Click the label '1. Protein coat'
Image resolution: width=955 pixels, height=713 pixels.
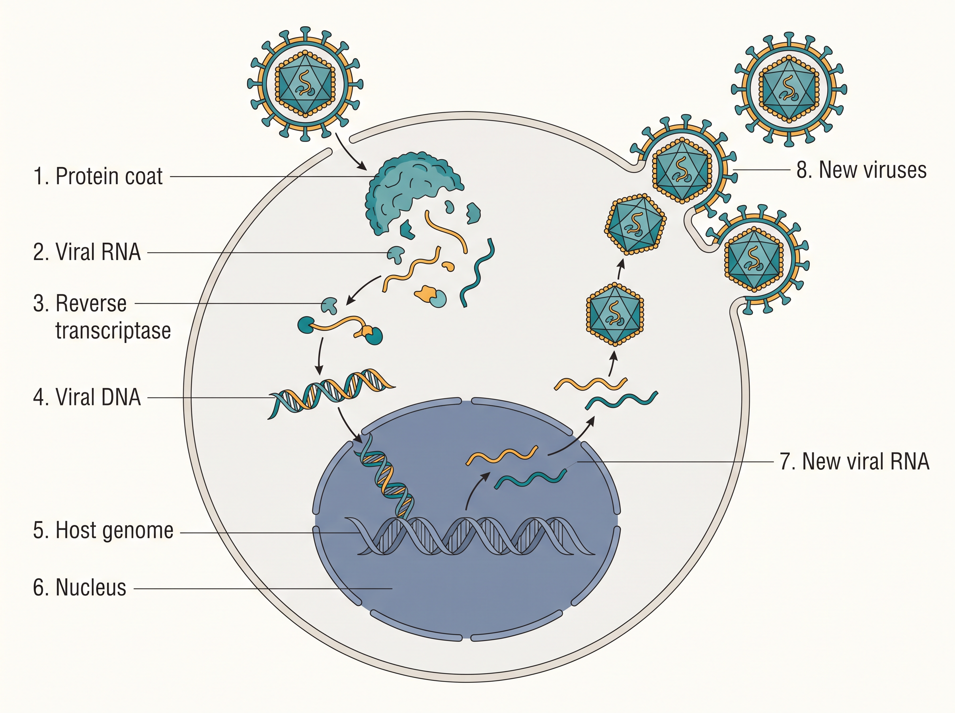[x=98, y=176]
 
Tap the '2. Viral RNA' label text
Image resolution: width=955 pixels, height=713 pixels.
[x=87, y=252]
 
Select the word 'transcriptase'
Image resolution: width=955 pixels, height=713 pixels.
[x=113, y=331]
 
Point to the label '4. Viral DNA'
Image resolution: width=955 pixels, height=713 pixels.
[x=87, y=397]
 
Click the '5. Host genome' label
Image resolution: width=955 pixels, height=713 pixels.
[x=103, y=530]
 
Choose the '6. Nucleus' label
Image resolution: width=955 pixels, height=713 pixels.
[x=80, y=587]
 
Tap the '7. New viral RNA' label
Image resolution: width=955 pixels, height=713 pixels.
[x=854, y=462]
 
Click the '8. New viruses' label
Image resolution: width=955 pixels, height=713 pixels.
[x=861, y=169]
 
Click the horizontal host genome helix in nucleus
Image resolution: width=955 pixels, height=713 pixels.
[x=470, y=536]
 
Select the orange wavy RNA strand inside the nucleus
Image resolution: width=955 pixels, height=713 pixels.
[x=502, y=456]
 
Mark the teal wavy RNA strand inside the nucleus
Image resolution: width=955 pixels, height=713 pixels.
[x=530, y=479]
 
